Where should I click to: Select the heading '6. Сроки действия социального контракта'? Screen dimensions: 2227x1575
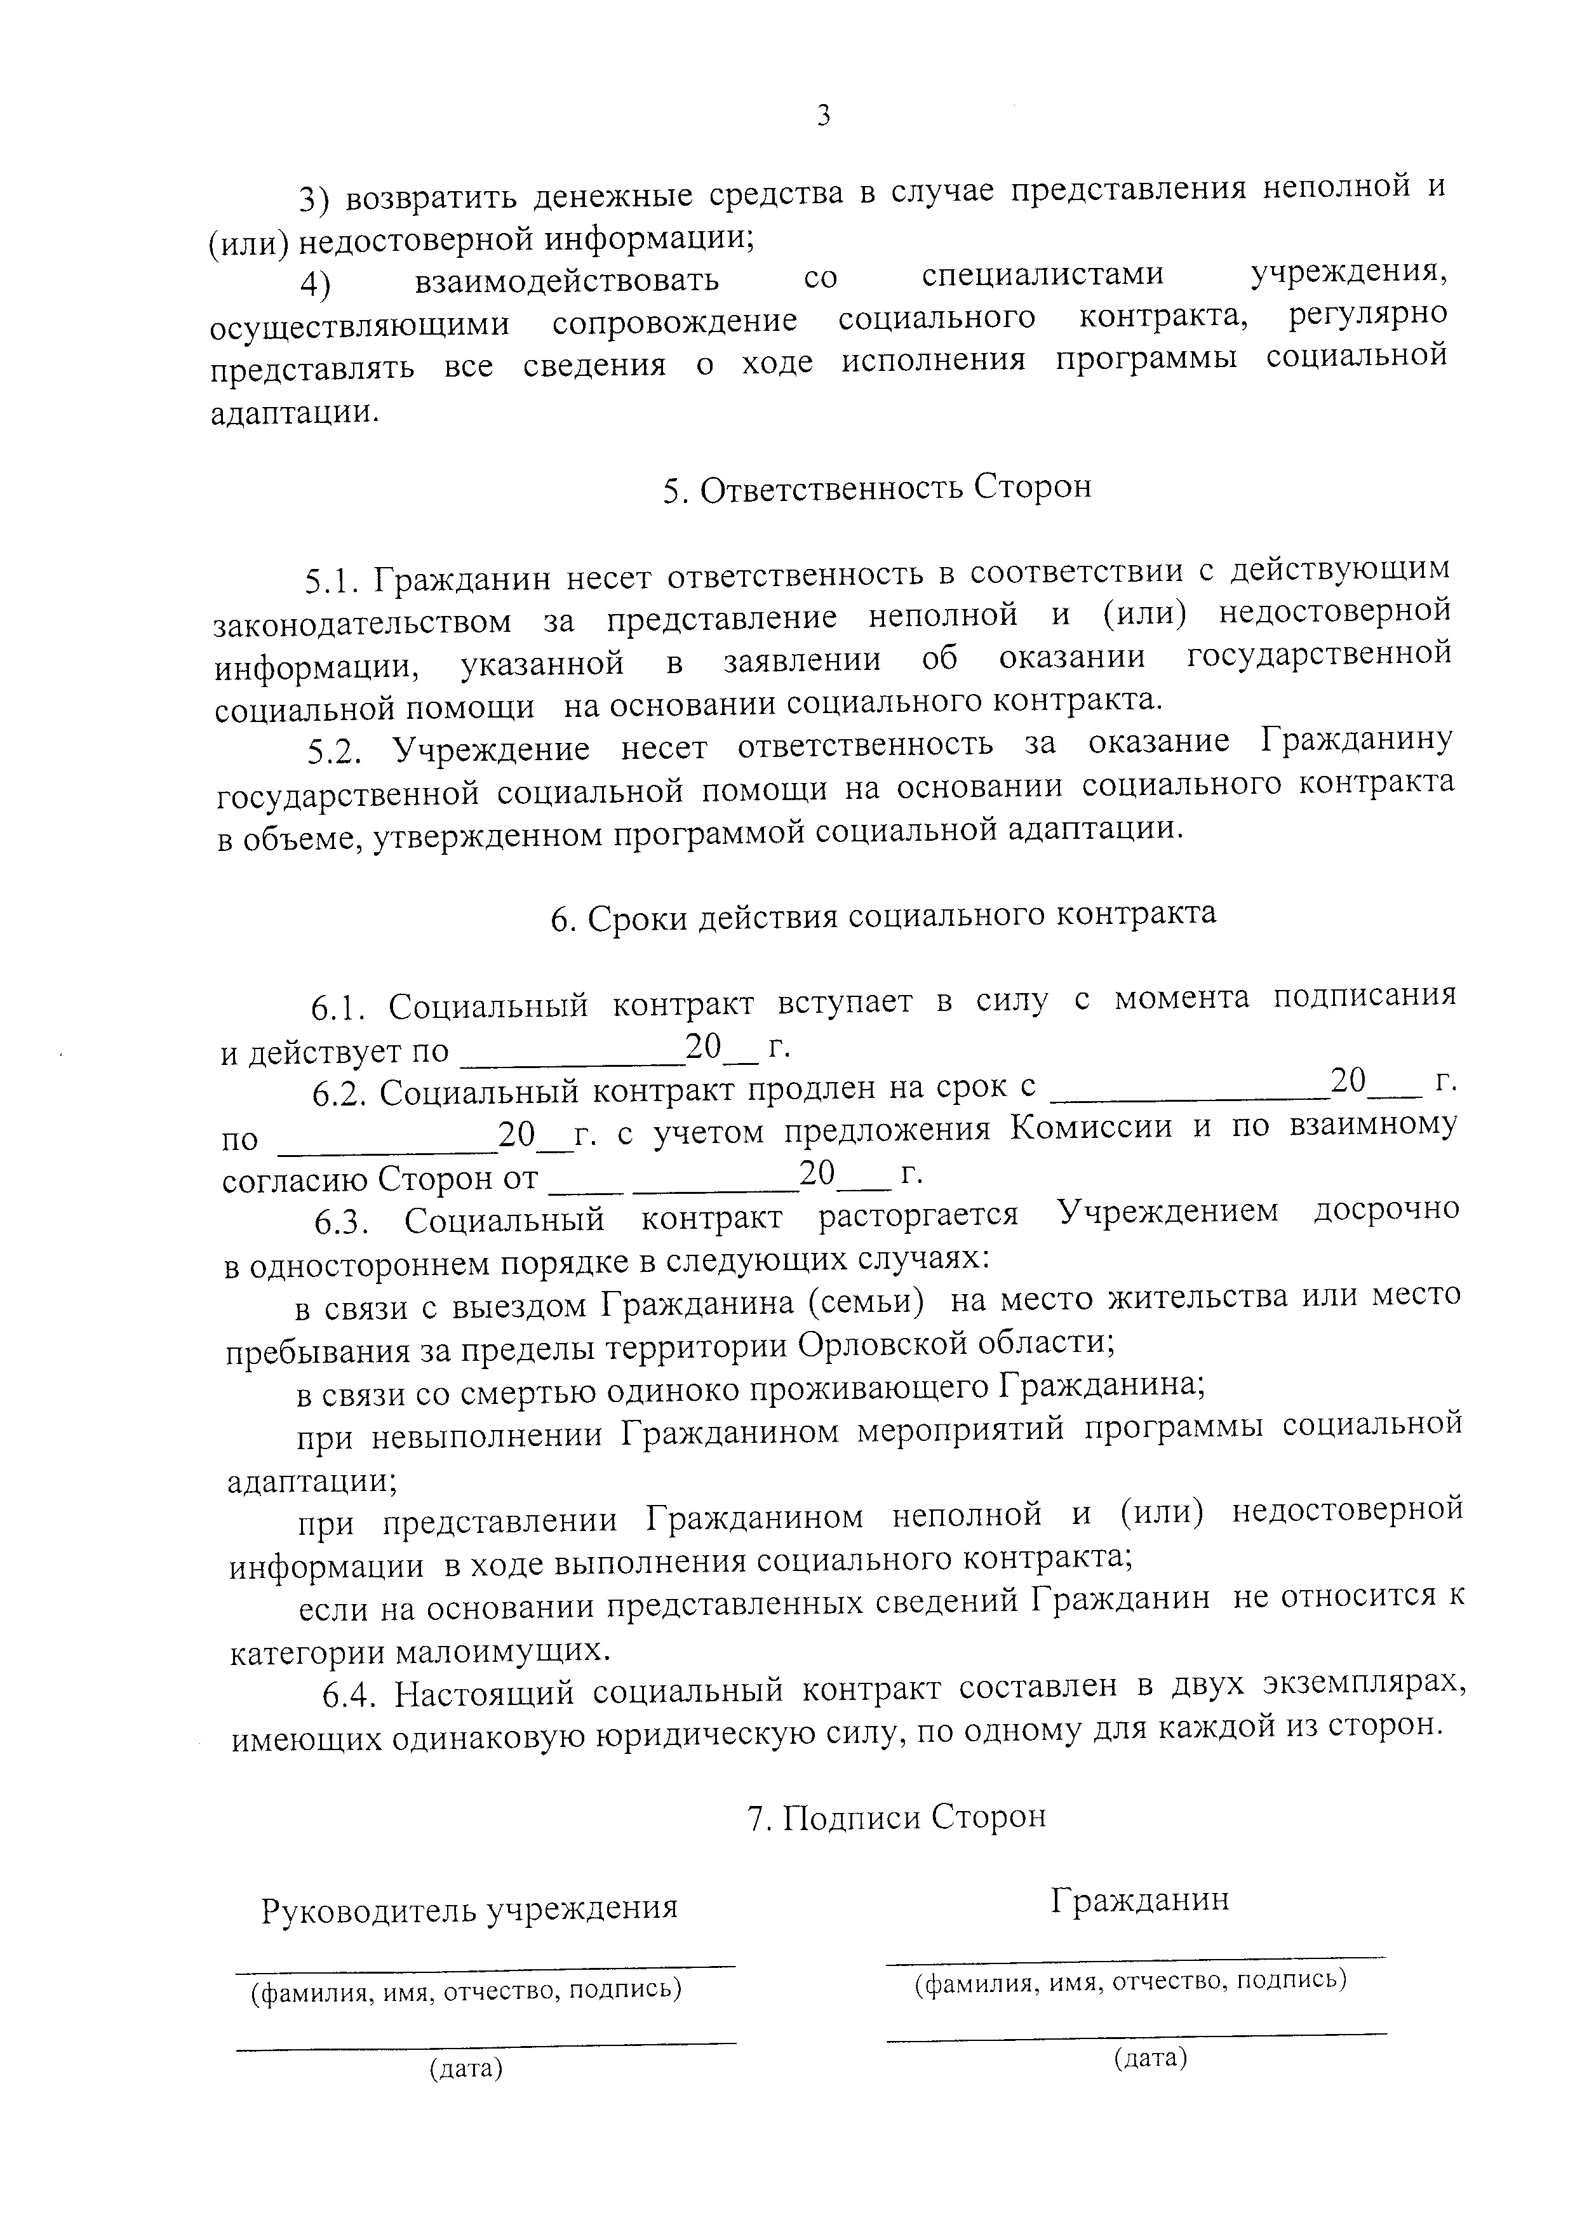click(x=883, y=914)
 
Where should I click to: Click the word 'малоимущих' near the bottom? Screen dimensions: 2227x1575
click(x=506, y=1650)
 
